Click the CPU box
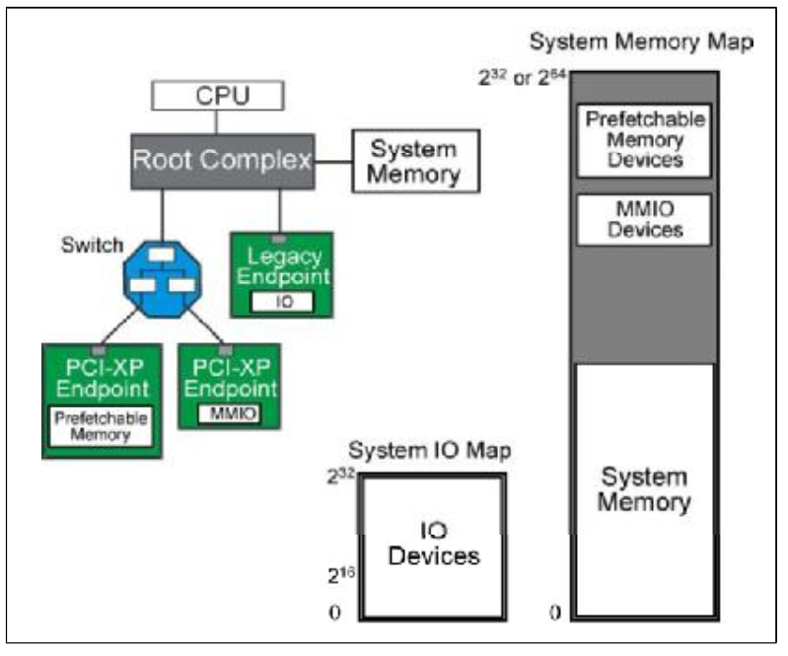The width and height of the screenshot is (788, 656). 217,96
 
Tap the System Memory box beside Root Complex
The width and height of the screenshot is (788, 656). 414,162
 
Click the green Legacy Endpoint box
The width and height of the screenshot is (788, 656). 280,273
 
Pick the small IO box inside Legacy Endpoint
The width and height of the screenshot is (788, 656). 280,301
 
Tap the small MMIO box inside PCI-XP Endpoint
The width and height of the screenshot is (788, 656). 229,413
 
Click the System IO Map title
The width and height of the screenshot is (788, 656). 431,452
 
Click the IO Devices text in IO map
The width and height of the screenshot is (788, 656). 433,544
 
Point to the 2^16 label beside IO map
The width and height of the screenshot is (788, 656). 340,572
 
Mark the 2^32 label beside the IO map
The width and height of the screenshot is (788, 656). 340,476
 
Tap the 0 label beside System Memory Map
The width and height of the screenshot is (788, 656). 554,614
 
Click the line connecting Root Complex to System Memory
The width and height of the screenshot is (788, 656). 333,162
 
